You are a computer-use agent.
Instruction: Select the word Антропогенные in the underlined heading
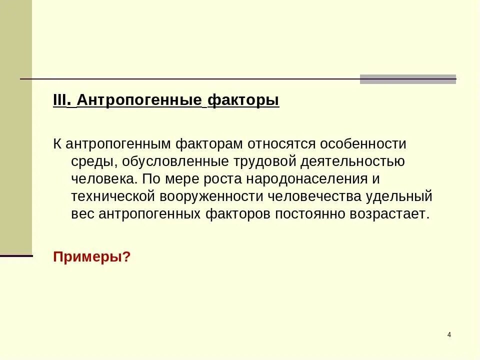tap(139, 100)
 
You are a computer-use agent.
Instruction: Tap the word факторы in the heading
tap(243, 100)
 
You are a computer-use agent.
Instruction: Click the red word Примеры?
tap(91, 257)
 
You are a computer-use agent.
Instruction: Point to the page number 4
tap(449, 334)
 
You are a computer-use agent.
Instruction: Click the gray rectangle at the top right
tap(408, 79)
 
